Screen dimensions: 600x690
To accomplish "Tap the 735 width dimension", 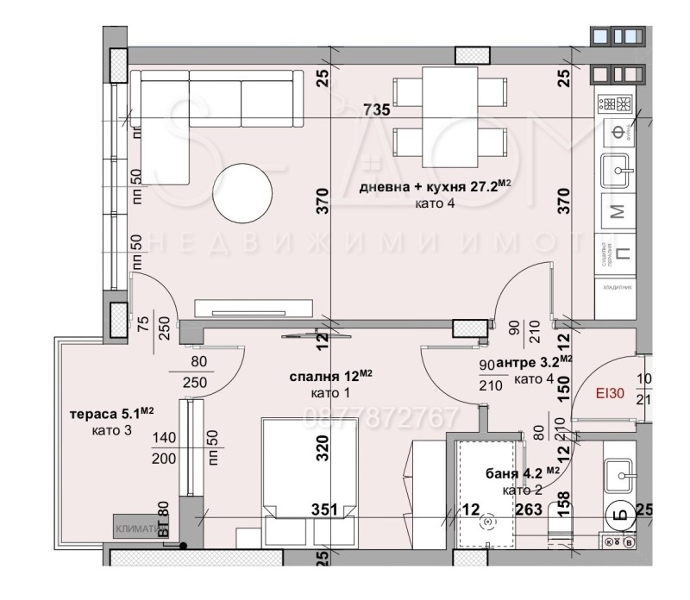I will [377, 109].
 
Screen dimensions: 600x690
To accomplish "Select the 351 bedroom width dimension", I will [323, 509].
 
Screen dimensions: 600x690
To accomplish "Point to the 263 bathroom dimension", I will [526, 509].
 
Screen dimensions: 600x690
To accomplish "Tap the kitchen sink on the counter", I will [618, 172].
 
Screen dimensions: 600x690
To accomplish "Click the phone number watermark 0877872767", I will [382, 419].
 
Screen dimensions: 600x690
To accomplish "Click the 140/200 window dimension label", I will [163, 448].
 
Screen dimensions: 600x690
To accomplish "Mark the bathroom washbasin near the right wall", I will [619, 473].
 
